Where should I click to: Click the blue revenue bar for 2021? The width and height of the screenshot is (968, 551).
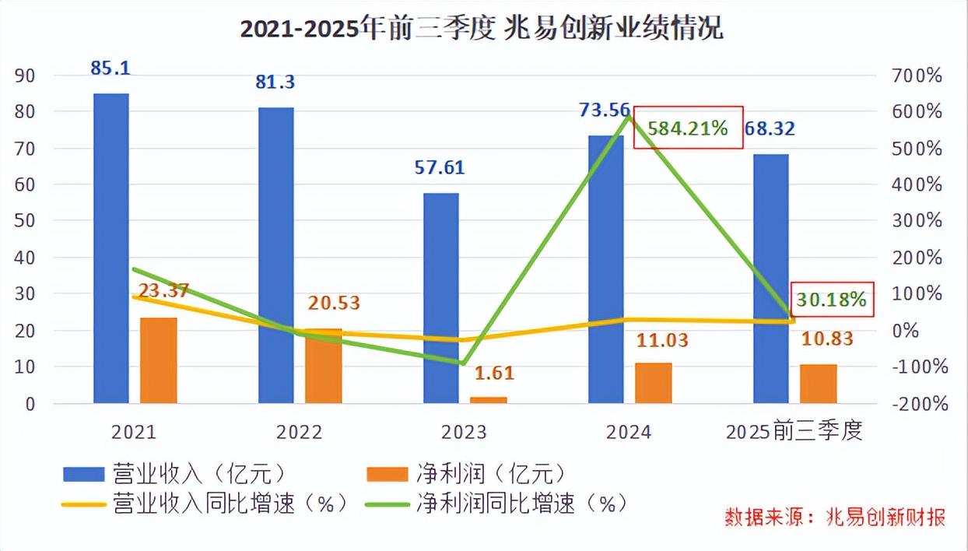pyautogui.click(x=110, y=249)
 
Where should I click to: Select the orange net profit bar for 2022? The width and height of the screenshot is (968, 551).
pyautogui.click(x=323, y=366)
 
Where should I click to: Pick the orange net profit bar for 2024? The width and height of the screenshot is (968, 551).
pyautogui.click(x=653, y=383)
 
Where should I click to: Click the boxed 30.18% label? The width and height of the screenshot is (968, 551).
pyautogui.click(x=829, y=300)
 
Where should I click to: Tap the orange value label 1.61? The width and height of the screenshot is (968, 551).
pyautogui.click(x=494, y=373)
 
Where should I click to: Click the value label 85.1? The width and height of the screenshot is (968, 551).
pyautogui.click(x=110, y=68)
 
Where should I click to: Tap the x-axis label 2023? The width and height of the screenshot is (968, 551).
pyautogui.click(x=465, y=432)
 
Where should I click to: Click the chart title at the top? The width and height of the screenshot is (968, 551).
pyautogui.click(x=482, y=29)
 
